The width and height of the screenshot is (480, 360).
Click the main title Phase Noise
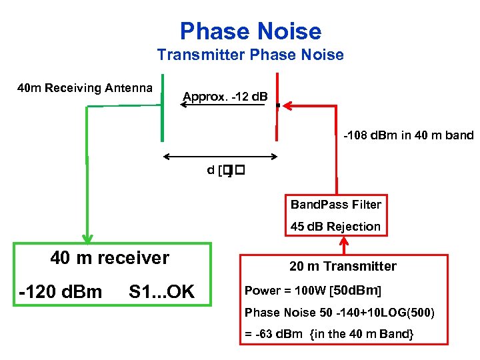(x=250, y=31)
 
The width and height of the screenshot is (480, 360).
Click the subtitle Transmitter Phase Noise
(x=250, y=55)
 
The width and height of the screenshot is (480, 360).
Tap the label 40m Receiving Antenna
(x=85, y=88)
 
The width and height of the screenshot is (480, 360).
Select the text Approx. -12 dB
(x=225, y=97)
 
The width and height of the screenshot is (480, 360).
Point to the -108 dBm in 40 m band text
(x=408, y=135)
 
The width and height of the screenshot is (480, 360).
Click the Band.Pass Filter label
(x=335, y=204)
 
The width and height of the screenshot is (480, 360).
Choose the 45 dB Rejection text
(x=335, y=226)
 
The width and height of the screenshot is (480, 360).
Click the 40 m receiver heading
(x=110, y=257)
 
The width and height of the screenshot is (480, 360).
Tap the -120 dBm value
(x=61, y=291)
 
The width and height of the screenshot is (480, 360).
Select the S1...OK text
(x=161, y=291)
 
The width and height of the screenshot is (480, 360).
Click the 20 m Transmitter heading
(x=343, y=266)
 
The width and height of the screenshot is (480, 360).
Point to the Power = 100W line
(x=313, y=291)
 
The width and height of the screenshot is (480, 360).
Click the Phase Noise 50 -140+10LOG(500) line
(x=339, y=312)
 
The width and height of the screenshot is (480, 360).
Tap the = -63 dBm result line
(x=329, y=333)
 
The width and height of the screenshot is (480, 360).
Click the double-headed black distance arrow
(x=221, y=157)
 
